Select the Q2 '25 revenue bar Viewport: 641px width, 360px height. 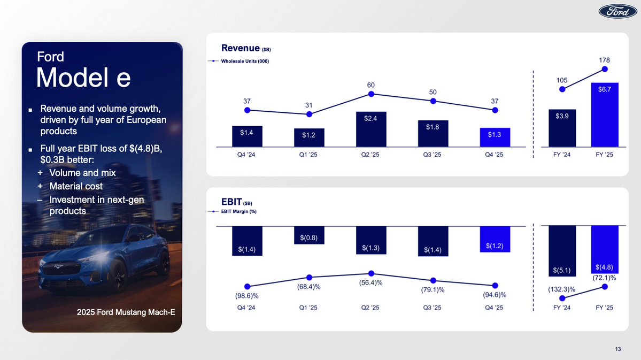pos(371,129)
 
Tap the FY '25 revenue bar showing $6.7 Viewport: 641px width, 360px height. pos(605,114)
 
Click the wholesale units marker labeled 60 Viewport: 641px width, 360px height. pos(371,94)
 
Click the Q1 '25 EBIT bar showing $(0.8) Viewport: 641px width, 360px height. pos(309,235)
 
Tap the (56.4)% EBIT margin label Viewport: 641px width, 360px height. pos(371,282)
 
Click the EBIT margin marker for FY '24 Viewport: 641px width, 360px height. pos(562,298)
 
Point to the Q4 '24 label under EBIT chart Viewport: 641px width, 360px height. pos(247,309)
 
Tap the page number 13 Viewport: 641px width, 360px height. pos(618,350)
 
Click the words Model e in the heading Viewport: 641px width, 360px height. pos(83,78)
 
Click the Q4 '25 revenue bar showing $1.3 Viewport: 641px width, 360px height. pos(495,137)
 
